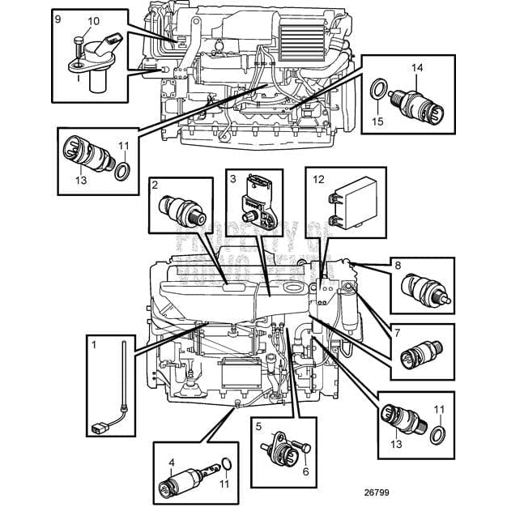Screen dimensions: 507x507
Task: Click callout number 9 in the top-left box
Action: point(58,17)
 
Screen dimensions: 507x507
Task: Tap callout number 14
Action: point(417,68)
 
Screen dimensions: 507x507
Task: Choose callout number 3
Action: point(232,178)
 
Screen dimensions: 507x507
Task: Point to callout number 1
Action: point(95,344)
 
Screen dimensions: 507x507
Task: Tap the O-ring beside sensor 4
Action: point(229,465)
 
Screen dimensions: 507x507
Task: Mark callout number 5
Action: point(258,426)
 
